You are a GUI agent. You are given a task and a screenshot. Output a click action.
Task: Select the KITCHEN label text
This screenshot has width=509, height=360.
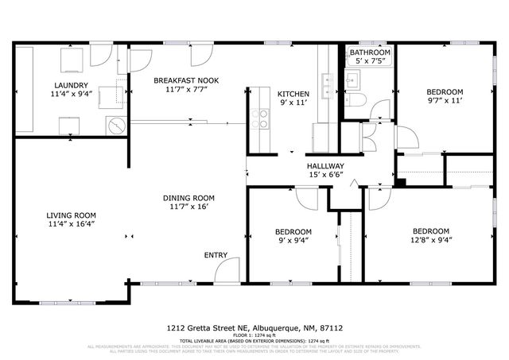pyautogui.click(x=293, y=94)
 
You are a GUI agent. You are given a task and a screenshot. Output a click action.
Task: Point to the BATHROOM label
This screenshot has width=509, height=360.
pyautogui.click(x=370, y=52)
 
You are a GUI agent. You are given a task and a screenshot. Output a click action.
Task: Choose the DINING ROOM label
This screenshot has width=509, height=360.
pyautogui.click(x=188, y=198)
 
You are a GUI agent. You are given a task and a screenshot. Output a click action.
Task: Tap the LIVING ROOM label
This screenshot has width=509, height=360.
pyautogui.click(x=71, y=215)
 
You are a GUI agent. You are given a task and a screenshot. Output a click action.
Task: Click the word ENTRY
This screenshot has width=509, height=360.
pyautogui.click(x=216, y=255)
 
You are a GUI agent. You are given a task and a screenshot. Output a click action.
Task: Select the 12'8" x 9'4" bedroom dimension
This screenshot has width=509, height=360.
pyautogui.click(x=432, y=240)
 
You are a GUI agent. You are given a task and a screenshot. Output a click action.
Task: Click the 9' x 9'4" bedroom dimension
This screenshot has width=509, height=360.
pyautogui.click(x=294, y=240)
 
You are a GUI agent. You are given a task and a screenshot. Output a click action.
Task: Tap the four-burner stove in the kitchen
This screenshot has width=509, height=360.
pyautogui.click(x=259, y=118)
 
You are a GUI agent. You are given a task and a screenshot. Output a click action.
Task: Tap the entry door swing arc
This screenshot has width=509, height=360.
pyautogui.click(x=226, y=270)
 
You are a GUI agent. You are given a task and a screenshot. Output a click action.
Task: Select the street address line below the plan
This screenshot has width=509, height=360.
pyautogui.click(x=254, y=327)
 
